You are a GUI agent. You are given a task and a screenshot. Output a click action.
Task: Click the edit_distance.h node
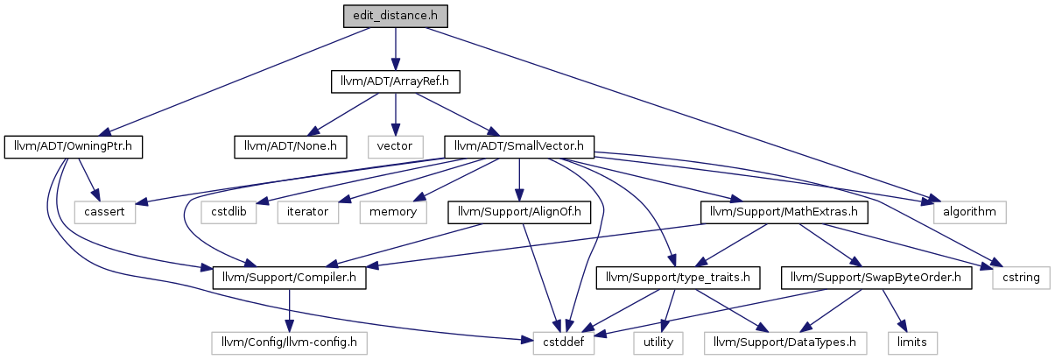tap(395, 16)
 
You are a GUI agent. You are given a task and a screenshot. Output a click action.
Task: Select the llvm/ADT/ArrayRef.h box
tap(395, 81)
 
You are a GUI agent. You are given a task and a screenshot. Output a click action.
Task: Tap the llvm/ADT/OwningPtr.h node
tap(73, 147)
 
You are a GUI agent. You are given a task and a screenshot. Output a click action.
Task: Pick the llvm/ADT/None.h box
tap(291, 147)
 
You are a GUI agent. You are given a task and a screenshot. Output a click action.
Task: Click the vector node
tap(395, 147)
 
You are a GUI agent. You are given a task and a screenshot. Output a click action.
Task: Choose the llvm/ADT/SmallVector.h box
tap(519, 147)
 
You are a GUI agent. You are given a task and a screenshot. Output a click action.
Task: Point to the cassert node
tap(104, 213)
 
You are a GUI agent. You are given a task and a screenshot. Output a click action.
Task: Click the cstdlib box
tap(229, 213)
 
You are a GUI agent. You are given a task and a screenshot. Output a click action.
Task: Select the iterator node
tap(308, 213)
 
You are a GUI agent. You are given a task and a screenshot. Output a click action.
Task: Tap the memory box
tap(393, 213)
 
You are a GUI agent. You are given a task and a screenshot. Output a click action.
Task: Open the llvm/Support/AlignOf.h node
tap(519, 213)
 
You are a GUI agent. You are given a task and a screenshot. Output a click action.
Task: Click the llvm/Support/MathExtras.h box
tap(784, 213)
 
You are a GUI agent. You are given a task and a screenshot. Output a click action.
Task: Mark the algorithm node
tap(970, 213)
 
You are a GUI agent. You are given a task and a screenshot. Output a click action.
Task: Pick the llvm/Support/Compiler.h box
tap(289, 278)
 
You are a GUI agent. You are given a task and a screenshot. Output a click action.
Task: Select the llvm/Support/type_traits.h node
tap(678, 278)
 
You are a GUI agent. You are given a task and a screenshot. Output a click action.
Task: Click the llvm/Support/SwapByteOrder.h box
tap(876, 278)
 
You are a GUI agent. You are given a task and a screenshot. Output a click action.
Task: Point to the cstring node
tap(1021, 278)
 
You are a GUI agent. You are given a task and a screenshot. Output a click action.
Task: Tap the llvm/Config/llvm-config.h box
tap(289, 343)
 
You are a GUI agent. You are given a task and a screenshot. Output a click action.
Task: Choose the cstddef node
tap(564, 343)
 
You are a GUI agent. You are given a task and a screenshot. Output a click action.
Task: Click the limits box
tap(912, 343)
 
